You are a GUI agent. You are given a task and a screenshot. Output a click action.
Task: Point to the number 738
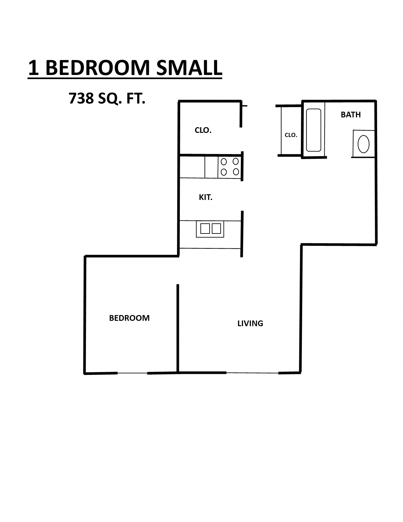coord(81,98)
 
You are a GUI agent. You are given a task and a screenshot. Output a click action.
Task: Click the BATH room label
coord(351,115)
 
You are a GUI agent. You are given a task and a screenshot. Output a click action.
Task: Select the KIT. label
coord(205,197)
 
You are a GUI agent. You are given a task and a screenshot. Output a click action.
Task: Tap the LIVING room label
coord(250,323)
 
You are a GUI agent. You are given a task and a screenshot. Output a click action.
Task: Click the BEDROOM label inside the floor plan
coord(129,318)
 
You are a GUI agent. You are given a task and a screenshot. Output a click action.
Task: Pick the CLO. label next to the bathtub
coord(291,135)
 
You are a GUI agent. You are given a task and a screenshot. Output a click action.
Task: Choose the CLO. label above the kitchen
coord(203,130)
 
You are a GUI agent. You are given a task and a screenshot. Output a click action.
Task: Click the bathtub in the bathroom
coord(314,130)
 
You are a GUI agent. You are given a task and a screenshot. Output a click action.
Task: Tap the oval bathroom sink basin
coord(363,144)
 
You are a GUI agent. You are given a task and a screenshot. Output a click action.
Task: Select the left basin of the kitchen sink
coord(205,228)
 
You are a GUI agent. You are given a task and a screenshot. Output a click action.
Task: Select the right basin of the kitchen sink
coord(216,228)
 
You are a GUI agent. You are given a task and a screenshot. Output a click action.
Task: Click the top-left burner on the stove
coord(224,162)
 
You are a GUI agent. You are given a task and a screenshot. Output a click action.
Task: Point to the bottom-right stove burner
coord(236,172)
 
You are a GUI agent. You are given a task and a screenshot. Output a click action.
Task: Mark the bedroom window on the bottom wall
coord(132,373)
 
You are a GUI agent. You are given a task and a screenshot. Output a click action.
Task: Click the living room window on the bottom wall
coord(252,373)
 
